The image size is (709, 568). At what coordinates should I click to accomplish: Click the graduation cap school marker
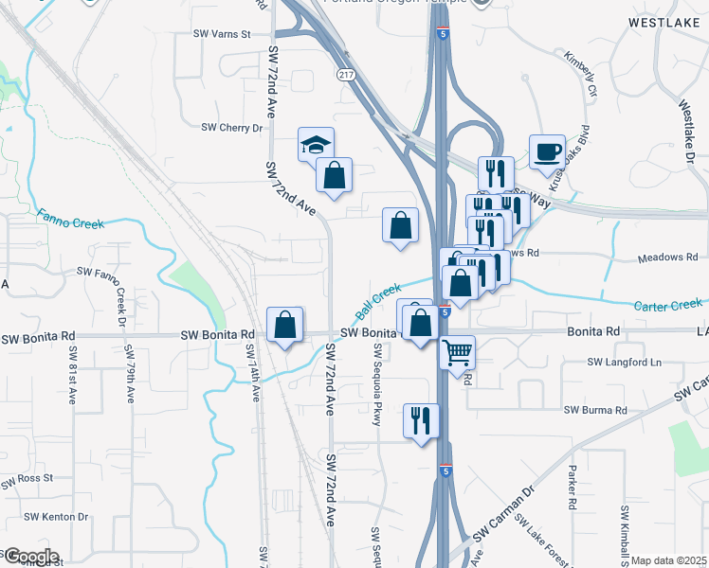point(317,145)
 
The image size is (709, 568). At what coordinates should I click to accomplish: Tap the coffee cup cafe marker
point(547,151)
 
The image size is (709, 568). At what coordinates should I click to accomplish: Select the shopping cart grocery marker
point(458,352)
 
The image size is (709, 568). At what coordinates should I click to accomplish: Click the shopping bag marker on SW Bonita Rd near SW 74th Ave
point(284,325)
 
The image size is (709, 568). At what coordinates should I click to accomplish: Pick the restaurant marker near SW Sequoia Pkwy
point(421,419)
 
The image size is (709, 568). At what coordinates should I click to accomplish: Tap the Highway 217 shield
point(345,73)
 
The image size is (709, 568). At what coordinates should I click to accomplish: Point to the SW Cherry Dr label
point(231,128)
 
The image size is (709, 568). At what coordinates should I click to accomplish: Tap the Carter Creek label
point(669,305)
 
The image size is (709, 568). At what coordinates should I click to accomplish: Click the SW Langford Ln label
point(624,362)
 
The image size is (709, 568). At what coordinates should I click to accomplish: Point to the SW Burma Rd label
point(595,410)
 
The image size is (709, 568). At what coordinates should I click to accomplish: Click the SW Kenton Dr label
point(56,517)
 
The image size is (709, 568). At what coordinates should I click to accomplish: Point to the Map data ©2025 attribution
point(668,560)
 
